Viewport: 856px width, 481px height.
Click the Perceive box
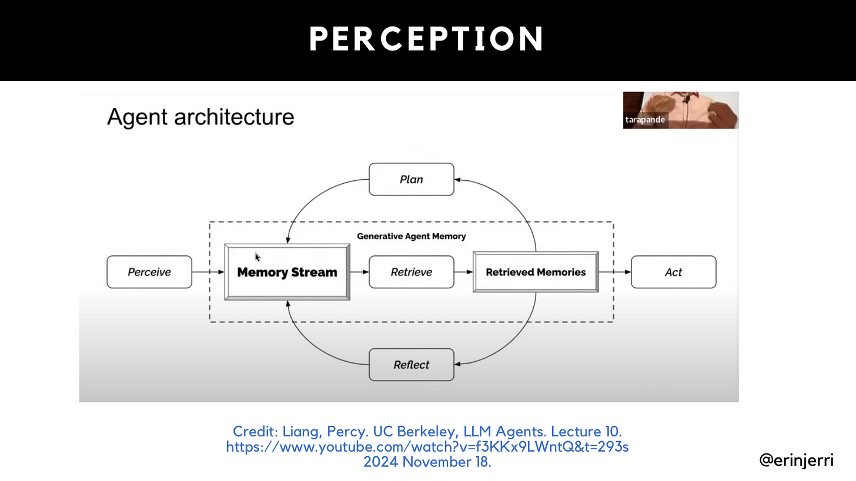(149, 272)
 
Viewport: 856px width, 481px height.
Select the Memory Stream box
(287, 272)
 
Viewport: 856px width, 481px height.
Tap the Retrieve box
(411, 272)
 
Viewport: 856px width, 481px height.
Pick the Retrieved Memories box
(536, 272)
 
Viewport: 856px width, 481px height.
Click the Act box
(673, 272)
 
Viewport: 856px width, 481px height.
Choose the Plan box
(411, 179)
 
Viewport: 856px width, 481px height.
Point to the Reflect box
(411, 365)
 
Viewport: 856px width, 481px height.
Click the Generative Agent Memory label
(411, 236)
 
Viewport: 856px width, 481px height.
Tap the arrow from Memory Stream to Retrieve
(359, 272)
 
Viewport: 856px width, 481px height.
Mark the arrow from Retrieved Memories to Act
(615, 272)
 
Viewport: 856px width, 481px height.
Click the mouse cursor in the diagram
(258, 257)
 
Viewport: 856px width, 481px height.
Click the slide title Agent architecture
(200, 117)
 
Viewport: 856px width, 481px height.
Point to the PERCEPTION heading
(427, 39)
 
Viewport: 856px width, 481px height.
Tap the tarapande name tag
(645, 120)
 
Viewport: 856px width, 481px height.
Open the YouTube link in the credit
(427, 447)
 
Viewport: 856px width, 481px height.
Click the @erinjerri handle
(796, 460)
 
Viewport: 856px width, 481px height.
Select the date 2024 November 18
(427, 462)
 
